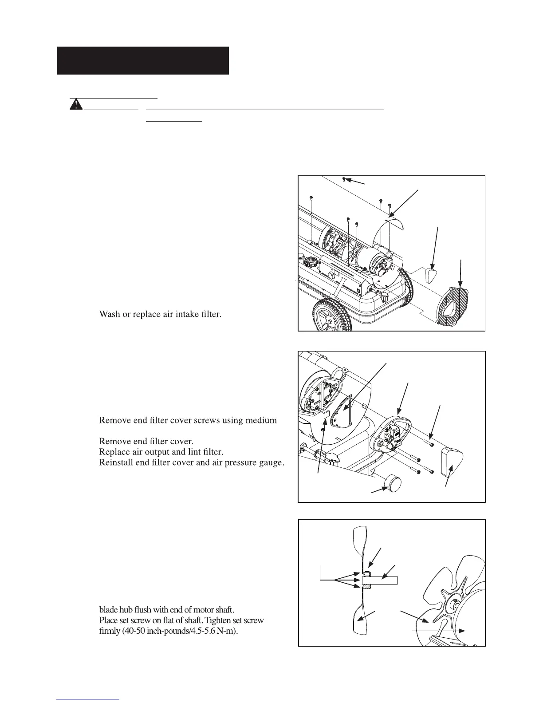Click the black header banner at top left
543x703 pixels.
point(143,60)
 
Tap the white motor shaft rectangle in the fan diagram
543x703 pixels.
point(380,580)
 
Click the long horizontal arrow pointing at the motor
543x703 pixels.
point(438,630)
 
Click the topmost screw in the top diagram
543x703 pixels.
point(344,179)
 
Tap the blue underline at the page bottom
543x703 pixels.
point(89,699)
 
